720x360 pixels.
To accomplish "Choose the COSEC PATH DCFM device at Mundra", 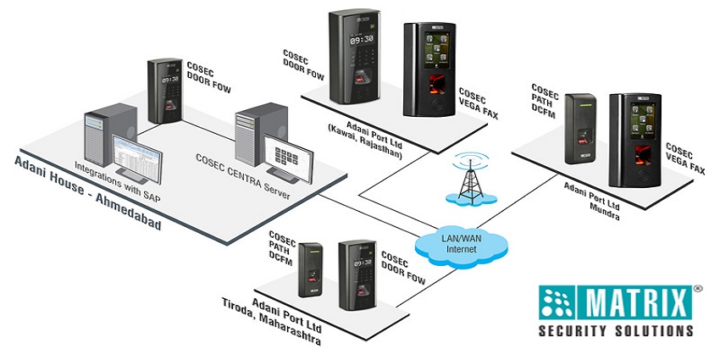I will tap(584, 127).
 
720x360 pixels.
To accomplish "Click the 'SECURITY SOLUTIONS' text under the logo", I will tap(617, 331).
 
